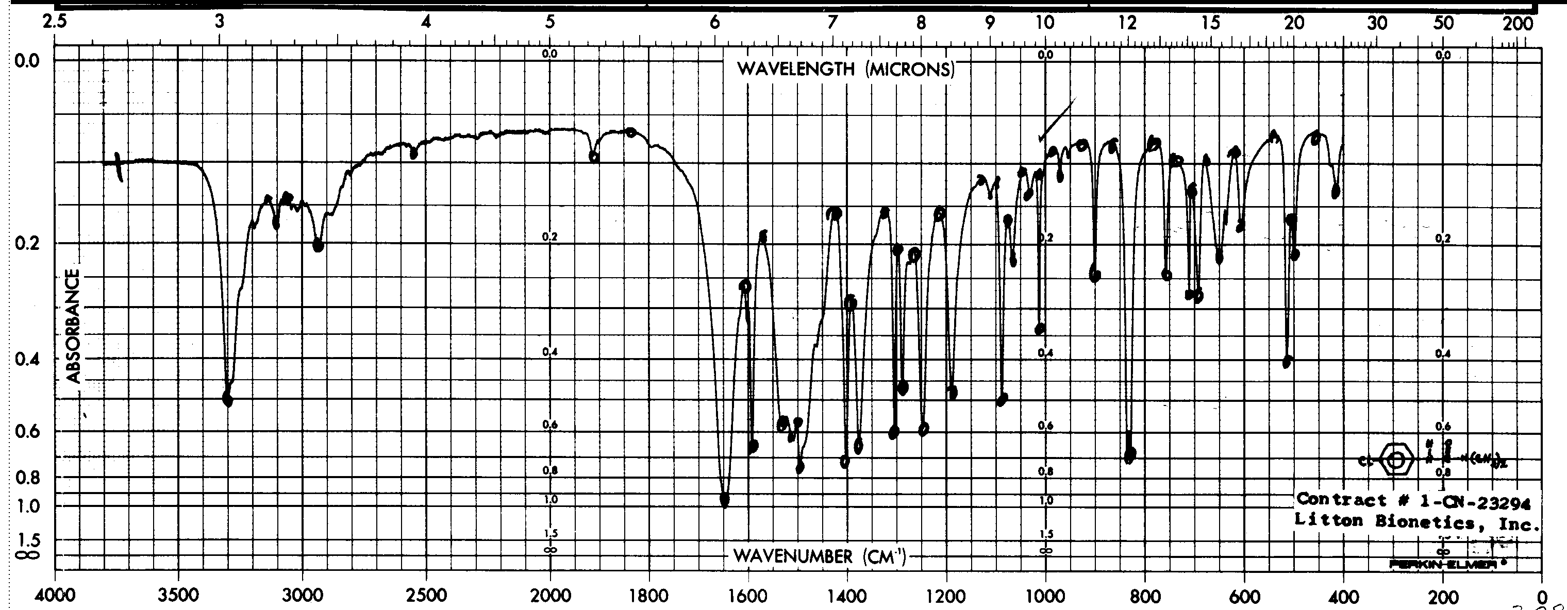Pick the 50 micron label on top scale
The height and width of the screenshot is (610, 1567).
click(1443, 23)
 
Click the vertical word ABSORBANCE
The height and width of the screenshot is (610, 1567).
click(74, 326)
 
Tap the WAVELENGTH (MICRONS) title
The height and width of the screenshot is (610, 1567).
click(845, 70)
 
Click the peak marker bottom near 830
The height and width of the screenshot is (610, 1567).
click(1129, 455)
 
